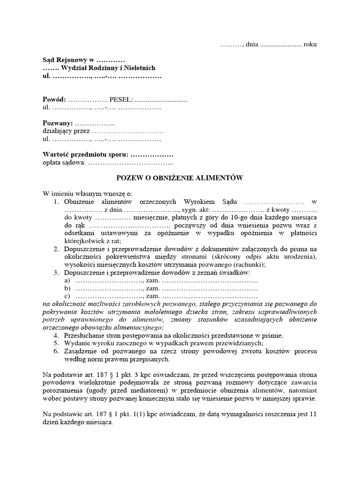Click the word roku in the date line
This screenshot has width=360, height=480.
310,45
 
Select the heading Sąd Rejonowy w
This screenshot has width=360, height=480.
68,60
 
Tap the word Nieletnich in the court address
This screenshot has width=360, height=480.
139,68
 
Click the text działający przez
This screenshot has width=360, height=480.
66,131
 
